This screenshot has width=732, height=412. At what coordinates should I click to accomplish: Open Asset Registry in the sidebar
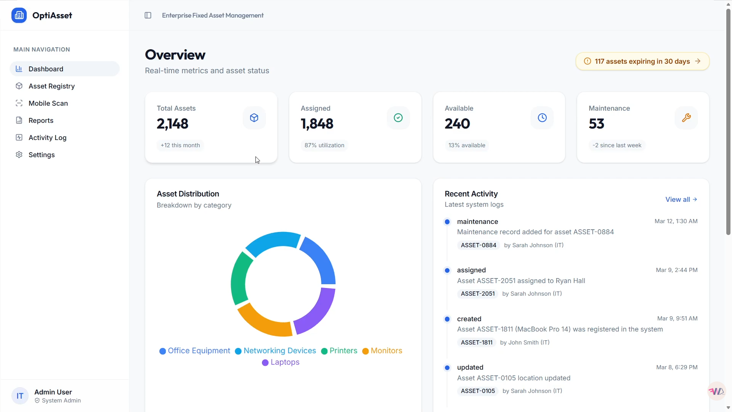pos(51,86)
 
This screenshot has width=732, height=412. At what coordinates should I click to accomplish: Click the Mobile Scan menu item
pos(48,103)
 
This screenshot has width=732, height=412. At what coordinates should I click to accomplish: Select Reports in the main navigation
pos(41,121)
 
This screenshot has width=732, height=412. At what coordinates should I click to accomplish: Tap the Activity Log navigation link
pos(47,138)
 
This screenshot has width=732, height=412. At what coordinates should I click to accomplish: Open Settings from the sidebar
pos(42,155)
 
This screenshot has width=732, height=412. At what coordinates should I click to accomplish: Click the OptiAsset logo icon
pos(19,15)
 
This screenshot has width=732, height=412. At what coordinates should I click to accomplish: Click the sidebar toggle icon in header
pos(148,15)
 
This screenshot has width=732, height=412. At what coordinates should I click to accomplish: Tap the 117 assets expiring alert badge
pos(642,61)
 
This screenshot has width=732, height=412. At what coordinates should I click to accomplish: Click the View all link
pos(681,200)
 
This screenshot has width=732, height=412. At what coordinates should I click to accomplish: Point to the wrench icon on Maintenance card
pos(686,118)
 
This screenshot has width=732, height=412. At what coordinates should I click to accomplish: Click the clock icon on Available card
pos(542,118)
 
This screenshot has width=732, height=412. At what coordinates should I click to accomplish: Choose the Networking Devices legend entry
pos(276,351)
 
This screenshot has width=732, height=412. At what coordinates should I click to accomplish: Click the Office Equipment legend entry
pos(195,351)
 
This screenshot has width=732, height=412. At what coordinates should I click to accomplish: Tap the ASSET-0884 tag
pos(478,245)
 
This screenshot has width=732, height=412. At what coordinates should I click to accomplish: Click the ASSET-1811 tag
pos(477,343)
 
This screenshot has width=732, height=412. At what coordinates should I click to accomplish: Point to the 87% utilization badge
pos(324,145)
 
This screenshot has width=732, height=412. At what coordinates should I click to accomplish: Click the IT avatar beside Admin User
pos(20,396)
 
